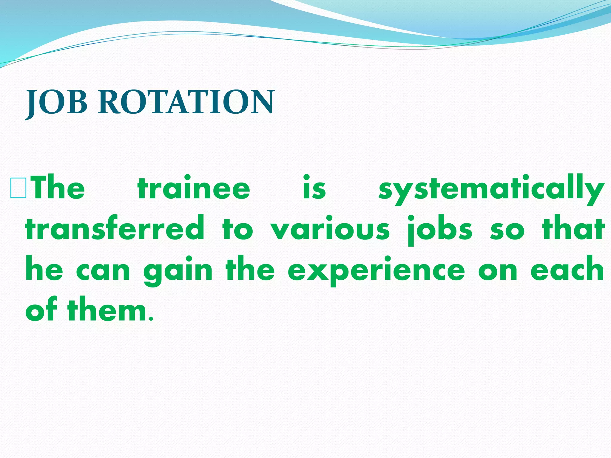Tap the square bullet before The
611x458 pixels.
click(18, 188)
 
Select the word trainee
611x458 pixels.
click(194, 188)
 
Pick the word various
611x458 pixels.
click(330, 230)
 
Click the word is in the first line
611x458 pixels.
click(314, 188)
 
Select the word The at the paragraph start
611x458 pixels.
click(58, 188)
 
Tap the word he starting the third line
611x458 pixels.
click(44, 270)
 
